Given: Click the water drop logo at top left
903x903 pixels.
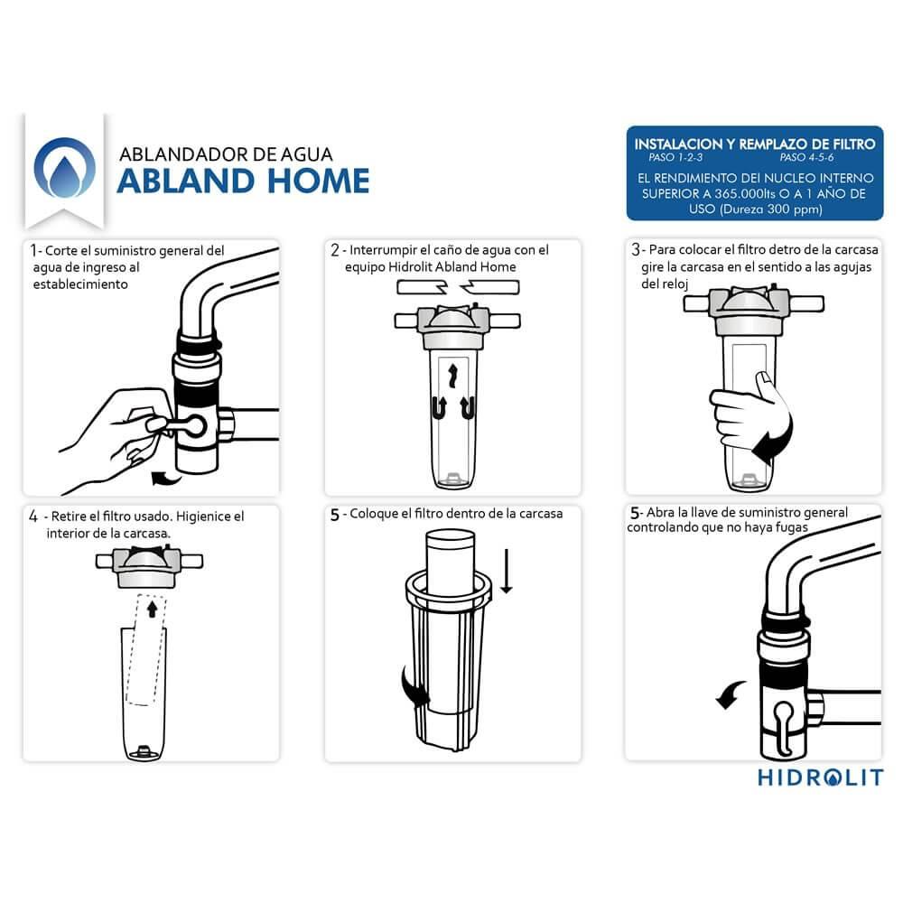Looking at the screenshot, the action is coord(64,168).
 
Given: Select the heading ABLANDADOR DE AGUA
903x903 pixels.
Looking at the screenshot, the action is coord(226,154).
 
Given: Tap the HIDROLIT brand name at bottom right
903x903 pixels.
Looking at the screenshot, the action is coord(820,777).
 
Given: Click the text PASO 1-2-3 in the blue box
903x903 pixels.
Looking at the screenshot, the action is coord(675,157).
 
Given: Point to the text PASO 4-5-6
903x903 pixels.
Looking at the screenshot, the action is coord(806,157).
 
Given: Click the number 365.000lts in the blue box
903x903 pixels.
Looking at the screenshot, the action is coord(745,193).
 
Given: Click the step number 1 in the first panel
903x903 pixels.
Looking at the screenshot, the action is coord(34,250).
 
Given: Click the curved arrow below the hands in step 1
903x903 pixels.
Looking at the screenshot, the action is coord(166,478).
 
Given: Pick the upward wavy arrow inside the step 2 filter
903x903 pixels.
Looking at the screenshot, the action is coord(452,375).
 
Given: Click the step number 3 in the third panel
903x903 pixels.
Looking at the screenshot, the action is coord(635,249).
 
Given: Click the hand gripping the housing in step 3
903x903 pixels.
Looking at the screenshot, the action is coord(747,413).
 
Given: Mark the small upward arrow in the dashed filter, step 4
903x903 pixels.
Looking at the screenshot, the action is coord(152,609).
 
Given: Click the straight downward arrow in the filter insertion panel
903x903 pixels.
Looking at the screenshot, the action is coord(507,571).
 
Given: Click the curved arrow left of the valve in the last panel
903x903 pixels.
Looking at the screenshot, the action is coord(729,694).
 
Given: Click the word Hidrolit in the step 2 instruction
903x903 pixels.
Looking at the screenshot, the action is coord(411,267).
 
